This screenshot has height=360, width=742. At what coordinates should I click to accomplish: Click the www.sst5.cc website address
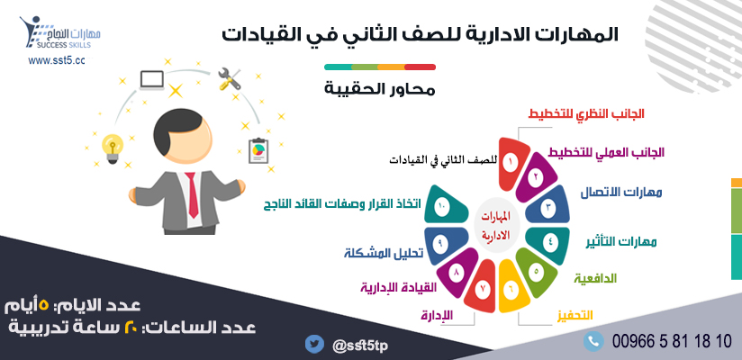point(57,60)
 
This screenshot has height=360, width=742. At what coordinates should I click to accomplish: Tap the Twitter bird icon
point(313,343)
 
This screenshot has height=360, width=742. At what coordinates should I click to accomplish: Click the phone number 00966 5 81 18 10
point(671,341)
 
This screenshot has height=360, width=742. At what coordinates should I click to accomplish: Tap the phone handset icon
point(593,341)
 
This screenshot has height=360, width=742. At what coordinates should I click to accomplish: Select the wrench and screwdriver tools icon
point(229,82)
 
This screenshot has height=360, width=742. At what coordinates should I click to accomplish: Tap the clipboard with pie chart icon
point(257,149)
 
